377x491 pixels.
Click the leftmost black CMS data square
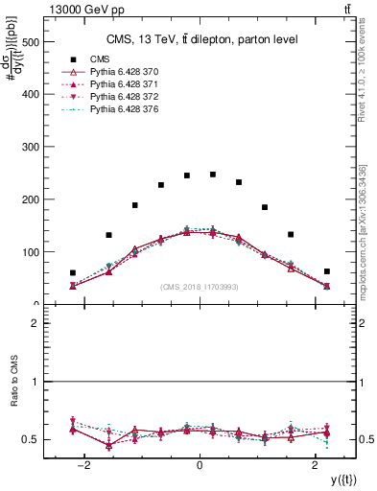pos(73,273)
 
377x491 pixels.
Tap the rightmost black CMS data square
pos(327,271)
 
